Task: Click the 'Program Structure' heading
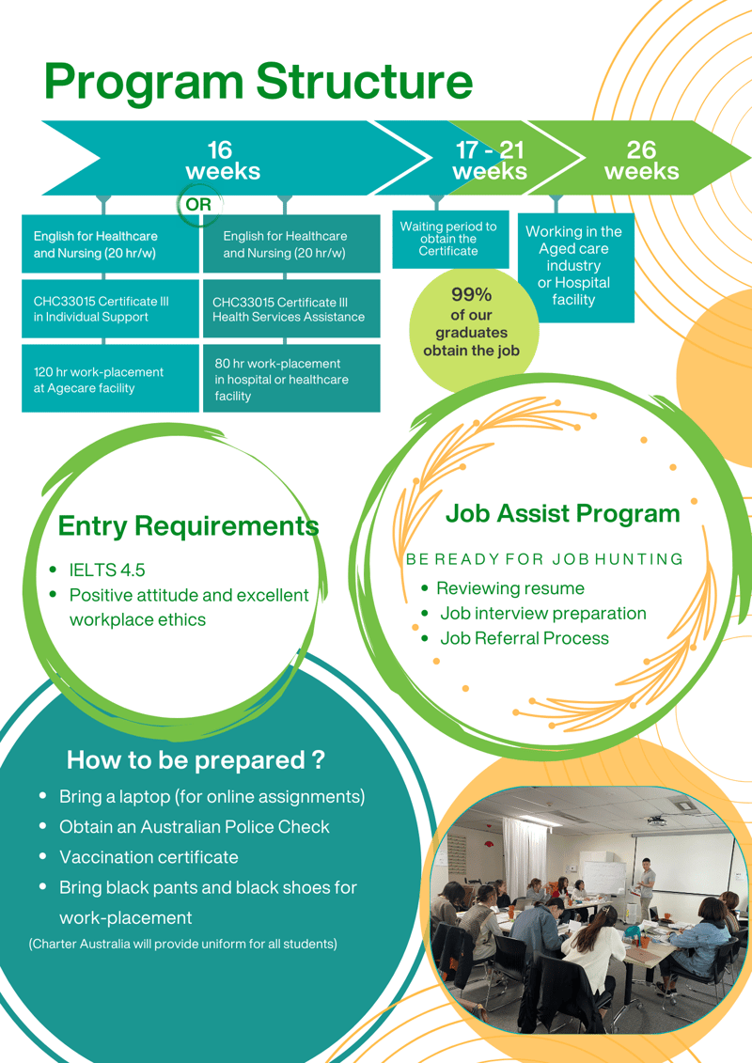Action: (258, 82)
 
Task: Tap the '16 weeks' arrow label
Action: (223, 161)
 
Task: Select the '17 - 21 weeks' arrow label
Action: (490, 161)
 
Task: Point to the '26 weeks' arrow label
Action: (641, 161)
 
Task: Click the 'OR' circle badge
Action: (198, 204)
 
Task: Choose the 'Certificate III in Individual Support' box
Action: (110, 309)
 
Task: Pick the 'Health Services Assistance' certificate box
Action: (291, 309)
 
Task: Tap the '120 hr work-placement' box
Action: (110, 378)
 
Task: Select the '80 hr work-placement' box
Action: (291, 378)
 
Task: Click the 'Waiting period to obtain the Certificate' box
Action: (450, 240)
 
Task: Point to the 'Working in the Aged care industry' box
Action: (575, 267)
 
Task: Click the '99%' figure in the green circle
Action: (471, 295)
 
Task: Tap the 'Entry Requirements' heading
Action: (189, 526)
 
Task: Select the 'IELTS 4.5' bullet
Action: (107, 571)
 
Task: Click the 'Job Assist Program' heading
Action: (562, 514)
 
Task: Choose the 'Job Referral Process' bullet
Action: (525, 638)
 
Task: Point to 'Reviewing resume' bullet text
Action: (509, 588)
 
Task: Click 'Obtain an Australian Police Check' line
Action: (194, 827)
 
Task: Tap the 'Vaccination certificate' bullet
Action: (149, 857)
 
